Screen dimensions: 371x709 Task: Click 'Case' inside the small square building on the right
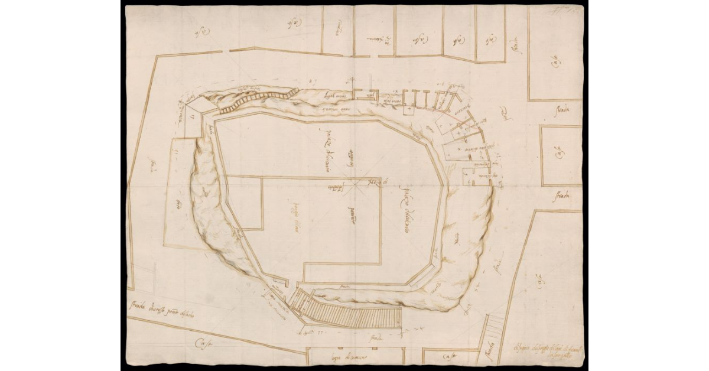[557, 155]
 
